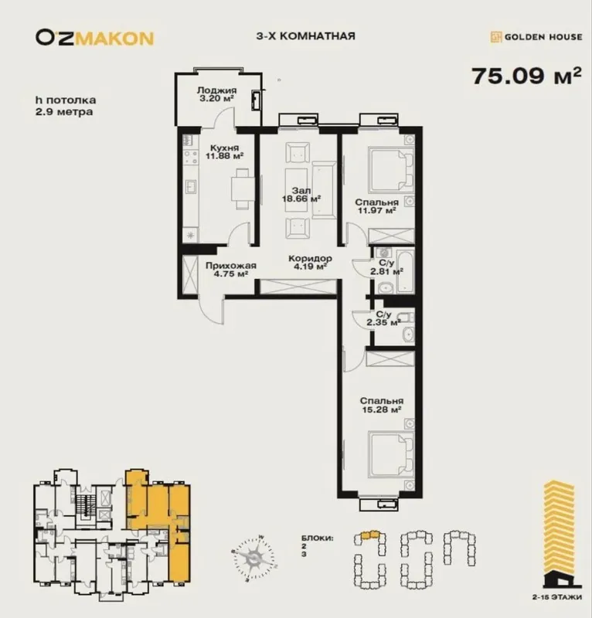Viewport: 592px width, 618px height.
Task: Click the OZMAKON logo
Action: coord(94,38)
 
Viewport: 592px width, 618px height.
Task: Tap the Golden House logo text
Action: coord(543,37)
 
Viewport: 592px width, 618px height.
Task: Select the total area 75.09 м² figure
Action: coord(526,76)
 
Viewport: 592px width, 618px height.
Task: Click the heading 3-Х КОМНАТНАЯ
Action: coord(306,36)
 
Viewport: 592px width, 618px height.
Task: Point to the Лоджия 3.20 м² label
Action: coord(216,94)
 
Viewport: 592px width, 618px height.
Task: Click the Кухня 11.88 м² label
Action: coord(224,151)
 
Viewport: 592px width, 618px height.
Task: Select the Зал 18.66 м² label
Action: coord(301,195)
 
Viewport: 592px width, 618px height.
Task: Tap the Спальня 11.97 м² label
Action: coord(376,206)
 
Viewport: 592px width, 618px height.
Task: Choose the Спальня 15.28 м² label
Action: coord(381,405)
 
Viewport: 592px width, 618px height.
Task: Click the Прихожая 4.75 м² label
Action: coord(231,270)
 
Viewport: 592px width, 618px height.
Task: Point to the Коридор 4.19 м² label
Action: coord(310,263)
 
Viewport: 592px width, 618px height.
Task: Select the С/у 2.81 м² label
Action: coord(386,267)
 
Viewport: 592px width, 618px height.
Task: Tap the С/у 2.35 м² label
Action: coord(383,319)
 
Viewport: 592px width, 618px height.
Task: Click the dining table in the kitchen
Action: coord(240,188)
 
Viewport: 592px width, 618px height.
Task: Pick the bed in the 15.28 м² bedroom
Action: coord(391,454)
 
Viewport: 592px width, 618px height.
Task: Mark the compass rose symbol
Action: coord(253,558)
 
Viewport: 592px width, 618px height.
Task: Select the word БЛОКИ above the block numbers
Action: coord(317,538)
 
